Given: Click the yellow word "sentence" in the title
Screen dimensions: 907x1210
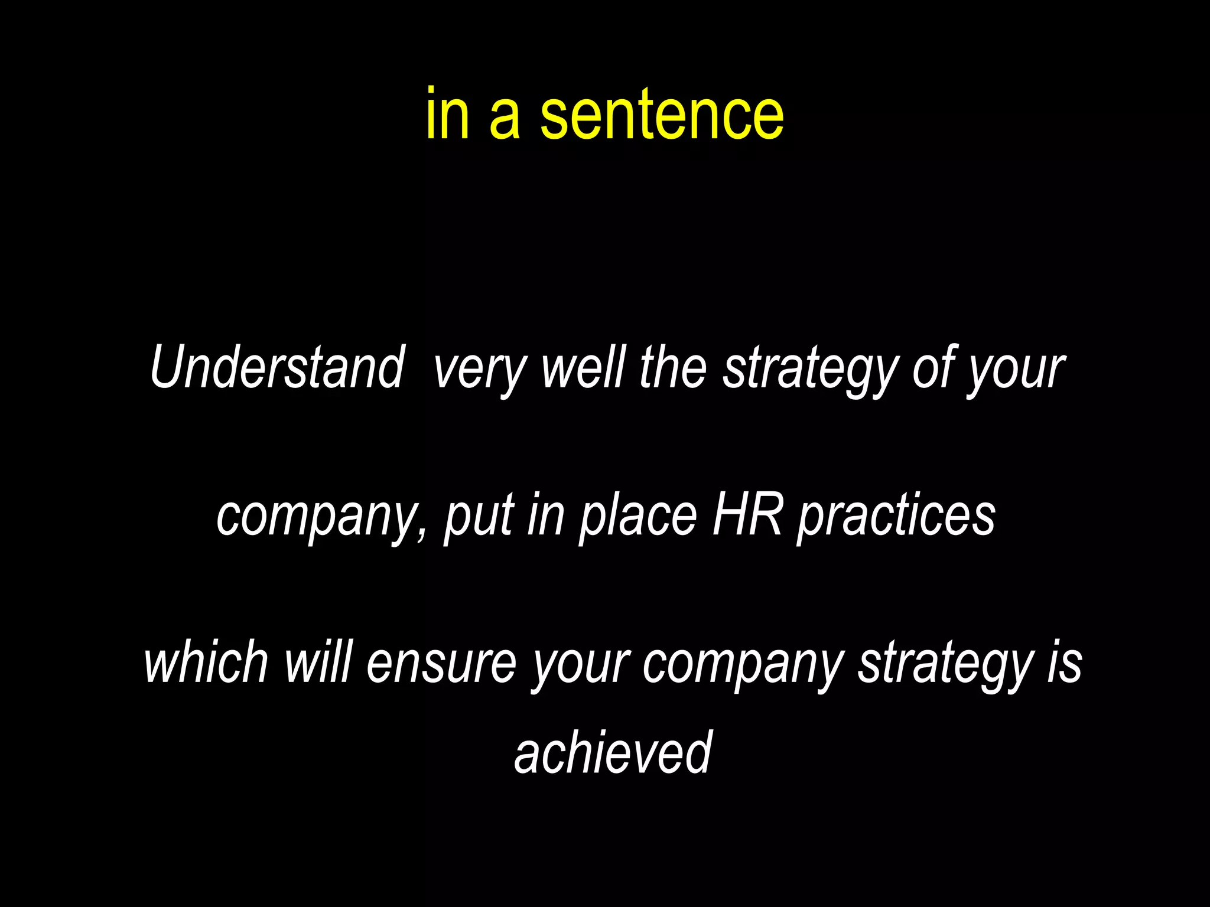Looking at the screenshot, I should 662,113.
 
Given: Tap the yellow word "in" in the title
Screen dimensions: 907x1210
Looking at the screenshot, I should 448,113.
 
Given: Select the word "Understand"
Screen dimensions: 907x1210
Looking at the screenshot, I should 277,367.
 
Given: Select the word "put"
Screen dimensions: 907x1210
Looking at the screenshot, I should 479,518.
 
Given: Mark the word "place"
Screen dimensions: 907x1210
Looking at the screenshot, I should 638,518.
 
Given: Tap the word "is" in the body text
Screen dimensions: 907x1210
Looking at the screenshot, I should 1064,663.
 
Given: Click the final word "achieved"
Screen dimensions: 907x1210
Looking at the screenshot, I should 613,752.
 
